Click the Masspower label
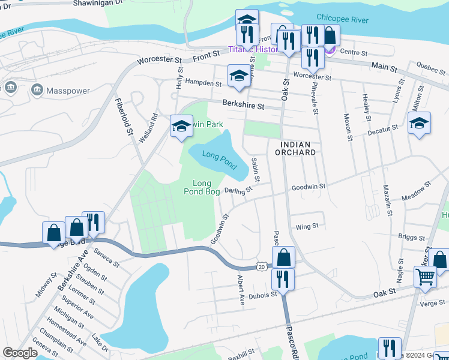point(68,91)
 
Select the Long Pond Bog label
point(206,187)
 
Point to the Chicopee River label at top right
point(343,20)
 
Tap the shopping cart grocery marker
point(425,277)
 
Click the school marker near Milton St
point(420,124)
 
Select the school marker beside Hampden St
point(239,76)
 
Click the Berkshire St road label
point(243,106)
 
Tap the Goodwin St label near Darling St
point(308,187)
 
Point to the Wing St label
point(307,227)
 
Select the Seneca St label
point(106,256)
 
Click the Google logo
point(20,353)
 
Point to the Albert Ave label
point(240,290)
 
